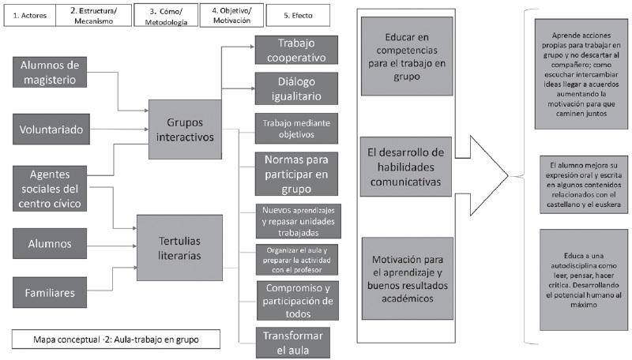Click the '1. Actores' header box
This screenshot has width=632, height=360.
pyautogui.click(x=29, y=16)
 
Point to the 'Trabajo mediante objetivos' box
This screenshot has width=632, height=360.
pyautogui.click(x=290, y=128)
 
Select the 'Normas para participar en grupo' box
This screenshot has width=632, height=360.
pyautogui.click(x=290, y=172)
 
